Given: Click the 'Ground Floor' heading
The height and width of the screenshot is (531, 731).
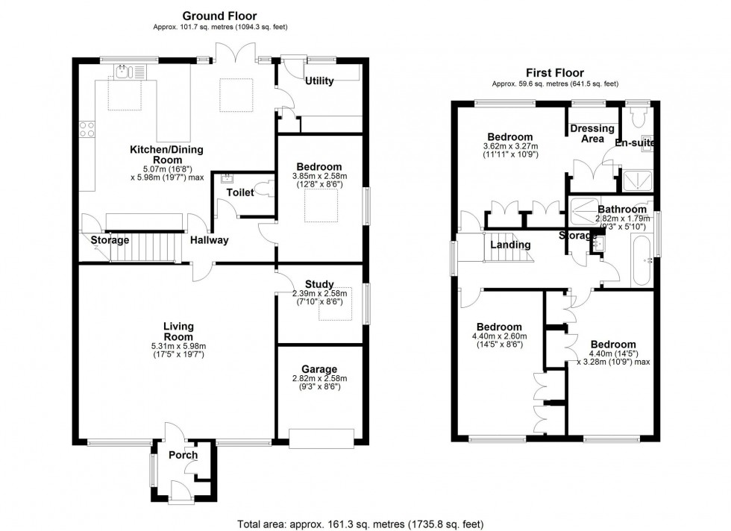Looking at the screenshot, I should (220, 15).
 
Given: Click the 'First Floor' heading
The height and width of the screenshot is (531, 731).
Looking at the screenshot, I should (553, 72).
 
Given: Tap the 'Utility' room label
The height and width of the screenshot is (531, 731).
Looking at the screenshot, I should (319, 81).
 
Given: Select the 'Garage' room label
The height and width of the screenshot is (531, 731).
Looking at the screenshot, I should (319, 369).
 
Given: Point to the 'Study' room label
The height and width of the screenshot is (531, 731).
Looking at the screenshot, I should (319, 284).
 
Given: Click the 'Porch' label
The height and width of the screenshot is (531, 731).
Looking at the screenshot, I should (183, 455).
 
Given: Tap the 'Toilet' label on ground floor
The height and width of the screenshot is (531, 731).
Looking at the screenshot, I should (240, 192).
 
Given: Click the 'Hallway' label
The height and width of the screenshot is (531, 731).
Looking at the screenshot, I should (209, 240).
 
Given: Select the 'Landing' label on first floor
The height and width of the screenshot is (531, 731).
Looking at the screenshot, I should (511, 245).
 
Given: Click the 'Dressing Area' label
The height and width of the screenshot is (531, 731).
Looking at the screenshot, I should (592, 133).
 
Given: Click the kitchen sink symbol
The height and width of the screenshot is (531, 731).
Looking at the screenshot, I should (124, 71).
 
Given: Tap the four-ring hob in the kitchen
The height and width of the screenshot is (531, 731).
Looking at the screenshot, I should (87, 130).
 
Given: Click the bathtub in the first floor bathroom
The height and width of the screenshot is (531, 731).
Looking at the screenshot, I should (641, 260).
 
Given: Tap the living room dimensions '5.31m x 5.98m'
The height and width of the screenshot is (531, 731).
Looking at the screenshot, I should (179, 345).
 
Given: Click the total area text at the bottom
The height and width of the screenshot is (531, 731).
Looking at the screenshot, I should (365, 524).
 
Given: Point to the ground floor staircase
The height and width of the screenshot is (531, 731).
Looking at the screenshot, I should (146, 246).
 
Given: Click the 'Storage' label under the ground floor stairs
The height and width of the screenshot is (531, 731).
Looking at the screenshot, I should (110, 240).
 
